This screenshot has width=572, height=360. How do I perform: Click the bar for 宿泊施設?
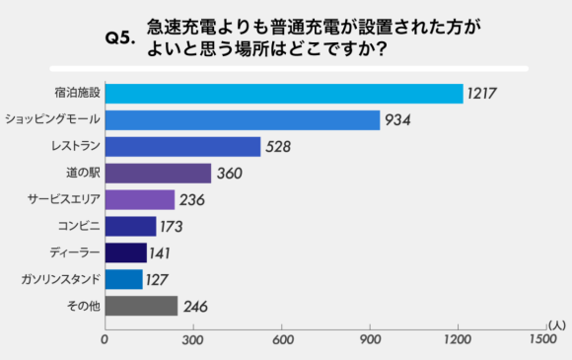284,94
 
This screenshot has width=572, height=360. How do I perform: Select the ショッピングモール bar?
243,120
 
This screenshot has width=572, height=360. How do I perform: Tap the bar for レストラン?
182,147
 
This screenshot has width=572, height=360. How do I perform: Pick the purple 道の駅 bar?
158,174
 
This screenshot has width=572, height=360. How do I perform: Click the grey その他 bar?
141,306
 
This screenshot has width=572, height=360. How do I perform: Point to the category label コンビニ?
75,227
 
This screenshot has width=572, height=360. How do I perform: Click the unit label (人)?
554,323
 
